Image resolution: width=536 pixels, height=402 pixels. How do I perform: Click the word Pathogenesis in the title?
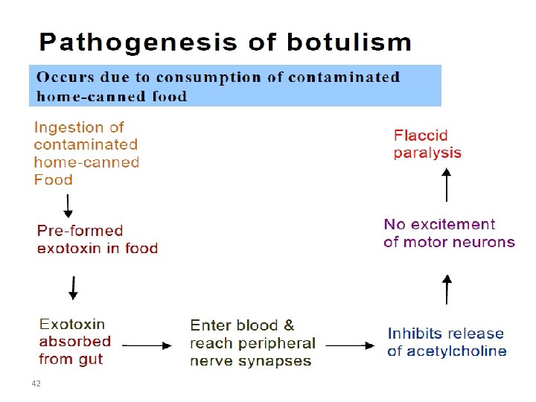(x=138, y=43)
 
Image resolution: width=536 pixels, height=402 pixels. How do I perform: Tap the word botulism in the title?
(x=349, y=42)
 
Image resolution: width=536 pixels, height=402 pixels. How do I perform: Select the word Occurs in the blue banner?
(x=65, y=77)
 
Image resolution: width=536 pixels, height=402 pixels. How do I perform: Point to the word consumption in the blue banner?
(x=209, y=78)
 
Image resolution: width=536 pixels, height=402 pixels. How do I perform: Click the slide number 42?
(x=36, y=383)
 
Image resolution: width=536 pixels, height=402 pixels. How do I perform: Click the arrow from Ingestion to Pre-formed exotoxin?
(x=68, y=206)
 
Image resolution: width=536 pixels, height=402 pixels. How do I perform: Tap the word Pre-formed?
(x=80, y=231)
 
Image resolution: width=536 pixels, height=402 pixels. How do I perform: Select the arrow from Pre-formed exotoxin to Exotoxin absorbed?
(x=73, y=288)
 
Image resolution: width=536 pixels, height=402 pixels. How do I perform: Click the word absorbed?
(x=75, y=341)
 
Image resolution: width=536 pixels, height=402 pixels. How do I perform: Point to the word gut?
(x=91, y=360)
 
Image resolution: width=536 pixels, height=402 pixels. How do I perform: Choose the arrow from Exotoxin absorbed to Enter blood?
(x=147, y=345)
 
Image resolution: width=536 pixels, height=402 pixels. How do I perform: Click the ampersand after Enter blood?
(x=289, y=325)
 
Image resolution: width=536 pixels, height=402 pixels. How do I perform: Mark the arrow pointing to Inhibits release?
(x=350, y=345)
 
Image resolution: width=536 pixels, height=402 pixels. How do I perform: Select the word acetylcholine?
(x=456, y=351)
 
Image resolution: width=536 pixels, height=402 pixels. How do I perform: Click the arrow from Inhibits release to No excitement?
(x=447, y=289)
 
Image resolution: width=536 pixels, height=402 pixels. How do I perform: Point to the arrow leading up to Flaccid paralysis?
(x=446, y=185)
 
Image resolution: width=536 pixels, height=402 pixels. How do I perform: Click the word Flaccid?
(x=421, y=135)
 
